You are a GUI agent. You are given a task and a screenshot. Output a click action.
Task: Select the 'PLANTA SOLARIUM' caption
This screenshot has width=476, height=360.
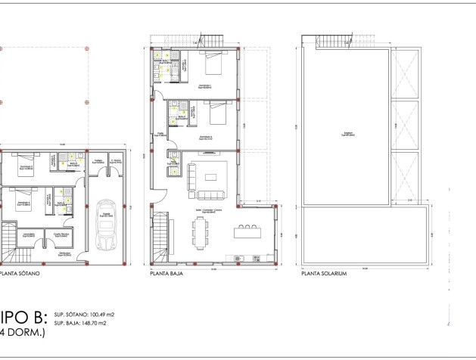coord(323,274)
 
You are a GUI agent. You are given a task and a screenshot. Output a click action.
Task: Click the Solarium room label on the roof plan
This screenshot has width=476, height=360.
coord(345,135)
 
